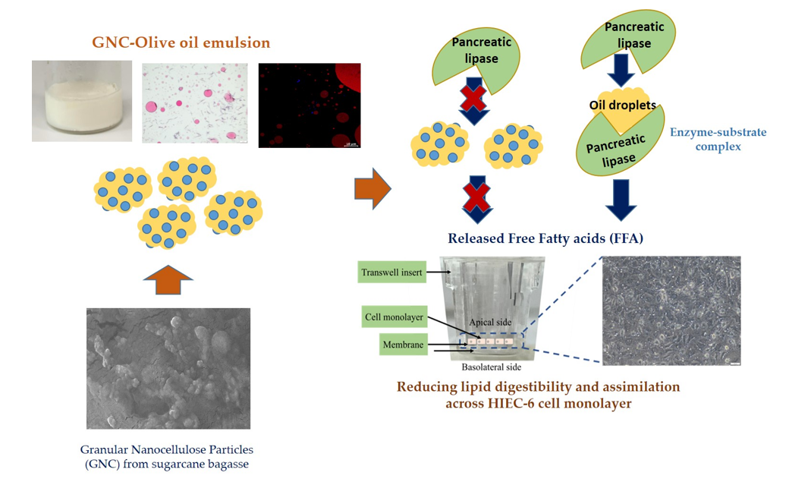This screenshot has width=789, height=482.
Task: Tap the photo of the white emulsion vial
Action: pos(80,102)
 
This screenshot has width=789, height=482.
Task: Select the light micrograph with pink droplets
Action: pos(194,103)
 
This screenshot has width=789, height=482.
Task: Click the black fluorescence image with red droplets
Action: pos(310,105)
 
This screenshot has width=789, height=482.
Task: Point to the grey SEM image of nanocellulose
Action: pos(168,368)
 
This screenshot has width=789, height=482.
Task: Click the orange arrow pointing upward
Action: pos(168,280)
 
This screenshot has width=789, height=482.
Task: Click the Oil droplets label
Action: pos(622,106)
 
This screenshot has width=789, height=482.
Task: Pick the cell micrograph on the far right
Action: pos(671,310)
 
